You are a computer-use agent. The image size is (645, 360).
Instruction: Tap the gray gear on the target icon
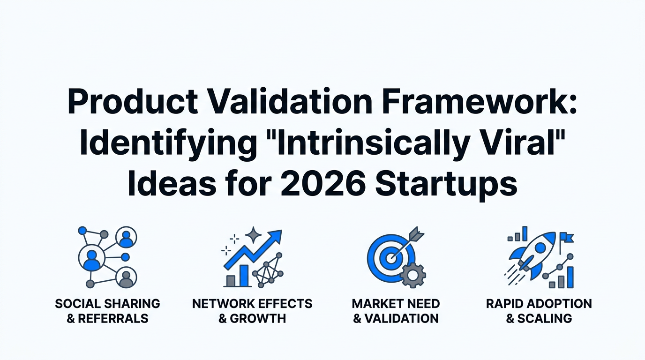(x=413, y=275)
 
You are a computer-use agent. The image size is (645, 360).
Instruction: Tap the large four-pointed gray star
(x=254, y=235)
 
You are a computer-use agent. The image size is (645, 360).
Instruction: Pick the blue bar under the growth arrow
(x=244, y=276)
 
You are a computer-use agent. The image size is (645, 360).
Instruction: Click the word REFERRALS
(x=113, y=319)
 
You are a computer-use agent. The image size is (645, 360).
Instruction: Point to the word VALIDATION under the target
(x=401, y=319)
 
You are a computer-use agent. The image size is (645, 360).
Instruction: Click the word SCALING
(x=545, y=319)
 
